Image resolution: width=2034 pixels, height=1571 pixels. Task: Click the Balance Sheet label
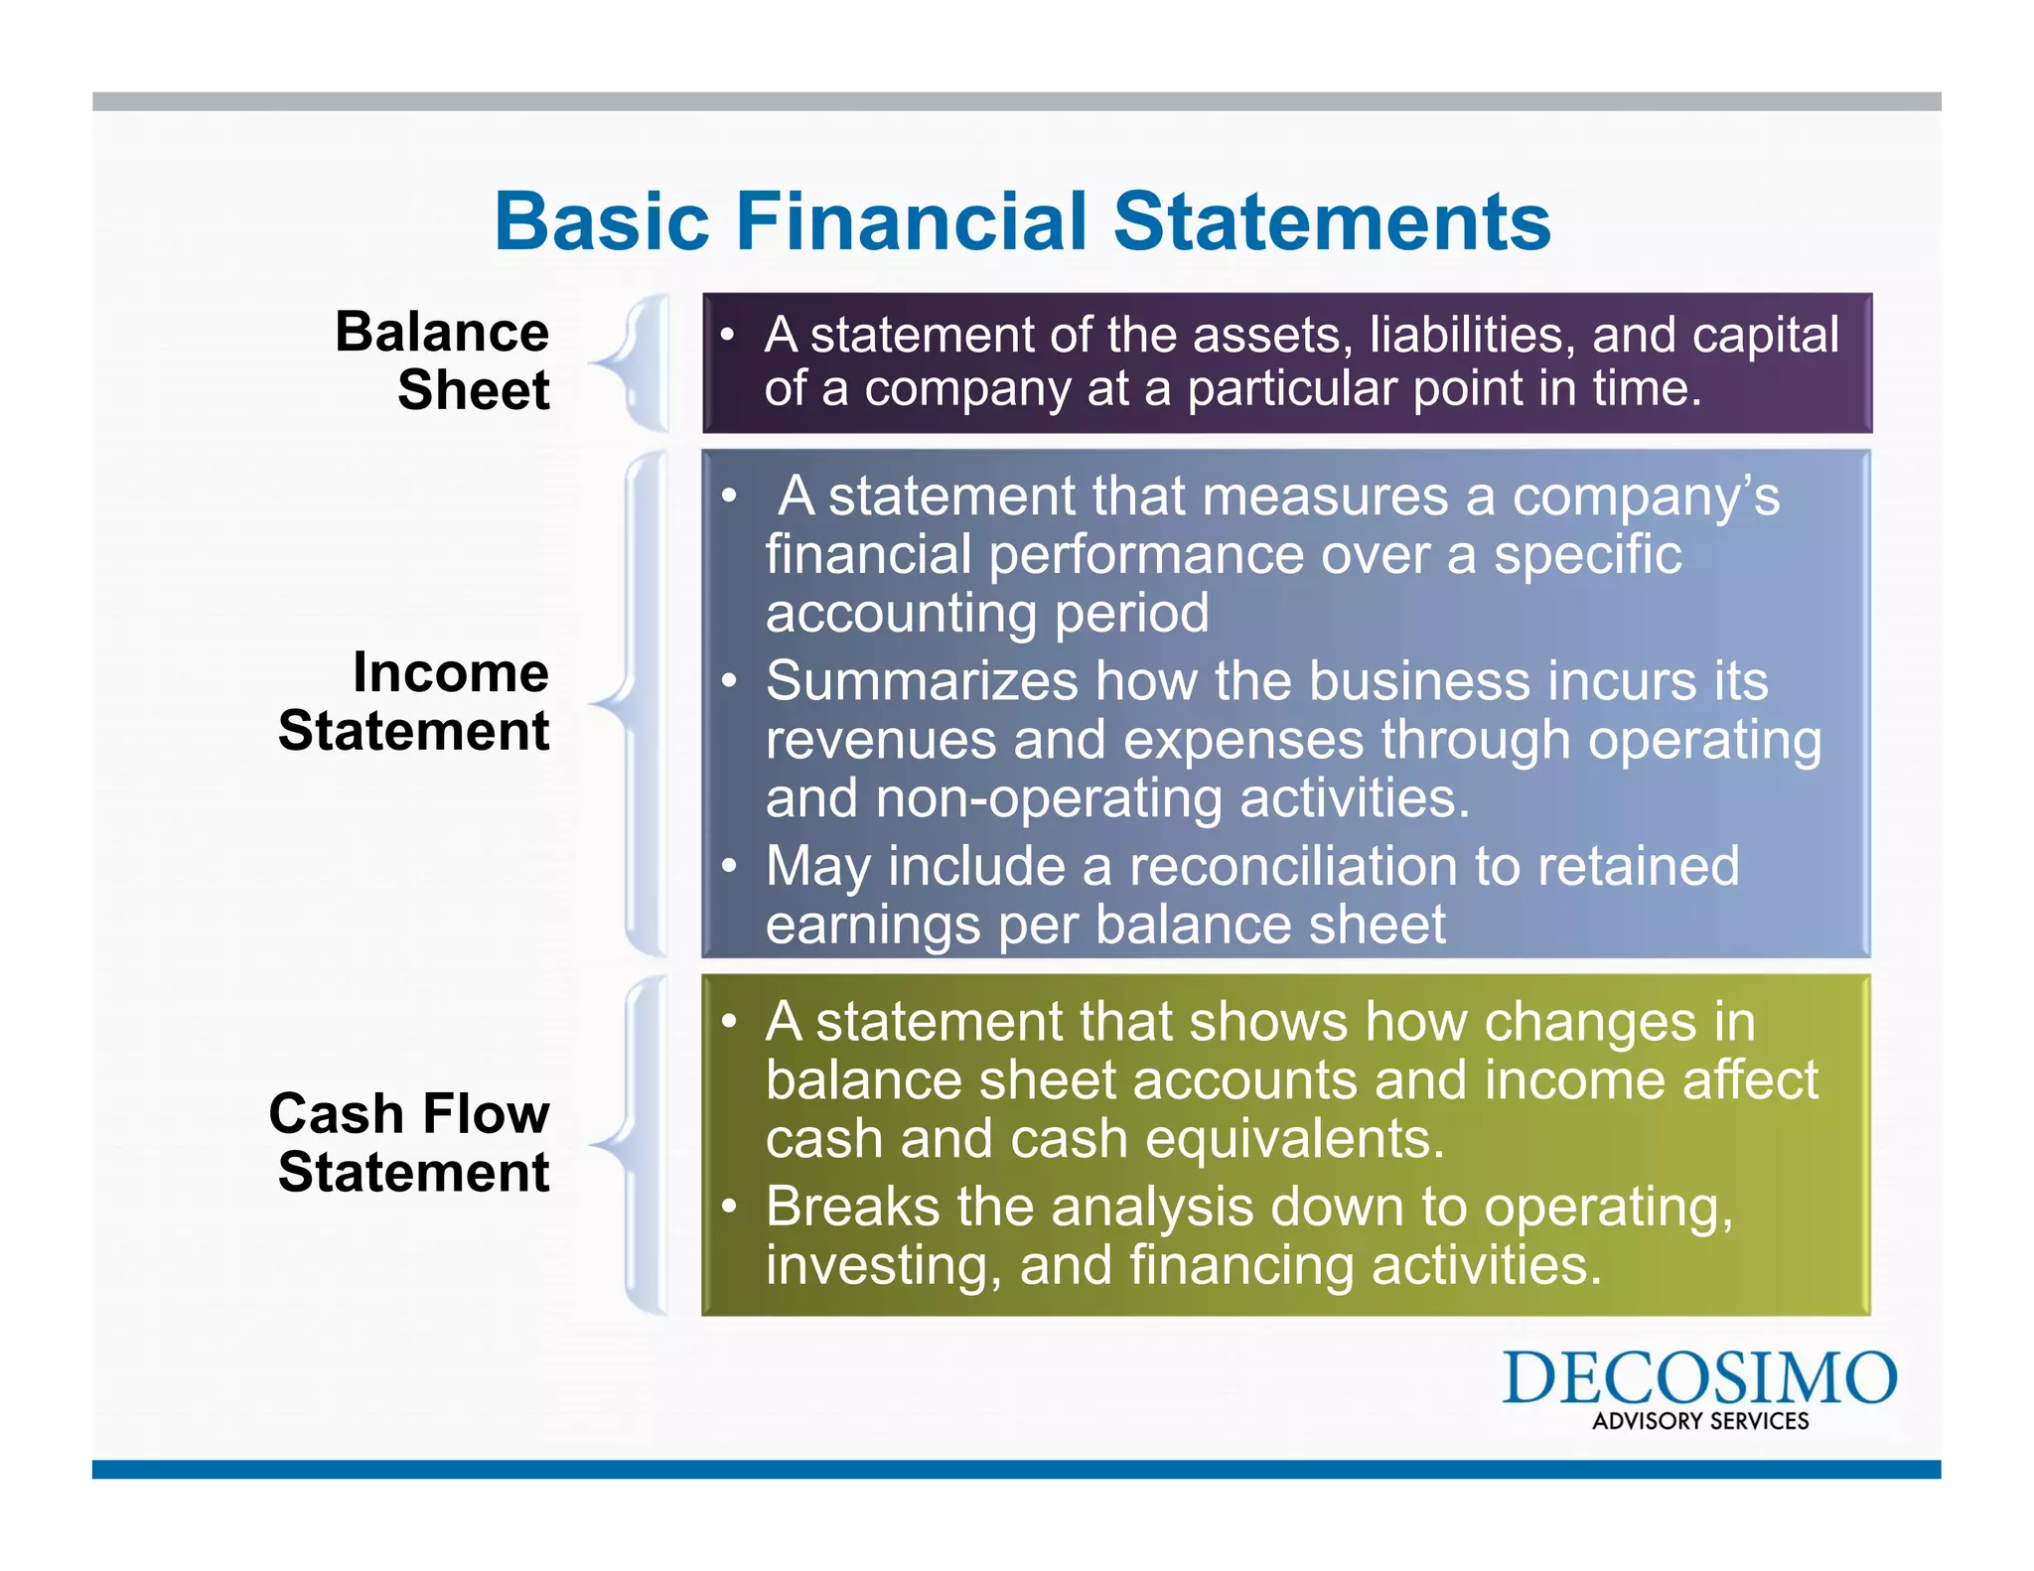tap(442, 359)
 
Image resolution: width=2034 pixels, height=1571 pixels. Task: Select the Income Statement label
tap(414, 701)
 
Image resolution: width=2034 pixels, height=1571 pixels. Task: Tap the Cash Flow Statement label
tap(409, 1142)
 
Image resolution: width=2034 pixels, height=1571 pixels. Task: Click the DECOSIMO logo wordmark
tap(1699, 1378)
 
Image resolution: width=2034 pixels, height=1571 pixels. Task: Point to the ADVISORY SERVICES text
tap(1700, 1421)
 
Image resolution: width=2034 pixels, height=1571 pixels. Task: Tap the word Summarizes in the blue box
tap(922, 681)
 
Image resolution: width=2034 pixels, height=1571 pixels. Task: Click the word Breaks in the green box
tap(851, 1208)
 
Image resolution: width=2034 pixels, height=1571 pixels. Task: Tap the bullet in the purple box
tap(728, 336)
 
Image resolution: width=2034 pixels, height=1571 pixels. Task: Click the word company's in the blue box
tap(1645, 497)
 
